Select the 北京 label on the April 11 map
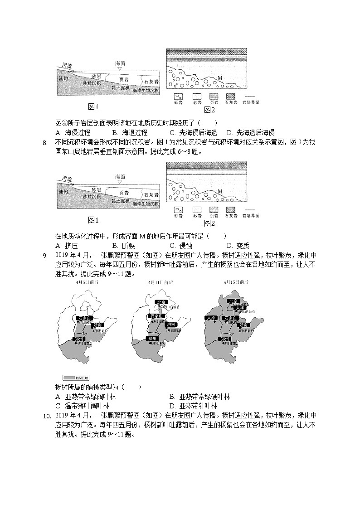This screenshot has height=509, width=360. tap(161, 302)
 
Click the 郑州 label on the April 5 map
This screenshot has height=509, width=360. tap(79, 339)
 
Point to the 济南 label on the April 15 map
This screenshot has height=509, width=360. tap(243, 325)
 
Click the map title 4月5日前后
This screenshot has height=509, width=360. tap(88, 282)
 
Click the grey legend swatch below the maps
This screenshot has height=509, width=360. tap(76, 377)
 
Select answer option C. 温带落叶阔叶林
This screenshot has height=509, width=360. tap(82, 406)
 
